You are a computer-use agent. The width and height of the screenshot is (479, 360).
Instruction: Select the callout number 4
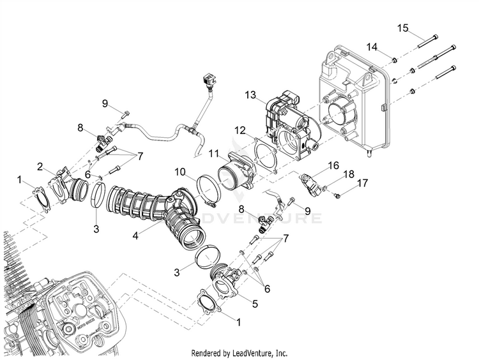[135, 236]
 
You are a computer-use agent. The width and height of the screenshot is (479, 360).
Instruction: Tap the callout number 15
[402, 27]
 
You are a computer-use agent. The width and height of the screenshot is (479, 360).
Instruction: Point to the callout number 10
[181, 172]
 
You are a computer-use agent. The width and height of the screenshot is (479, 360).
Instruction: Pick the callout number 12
[239, 130]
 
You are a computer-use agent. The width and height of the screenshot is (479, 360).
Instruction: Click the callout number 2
[40, 167]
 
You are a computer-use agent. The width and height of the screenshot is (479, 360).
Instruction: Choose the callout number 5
[254, 304]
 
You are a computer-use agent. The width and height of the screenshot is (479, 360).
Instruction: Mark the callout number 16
[333, 165]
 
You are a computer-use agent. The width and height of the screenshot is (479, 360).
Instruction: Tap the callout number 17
[362, 183]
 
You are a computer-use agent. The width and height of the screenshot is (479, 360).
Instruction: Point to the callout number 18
[349, 174]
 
